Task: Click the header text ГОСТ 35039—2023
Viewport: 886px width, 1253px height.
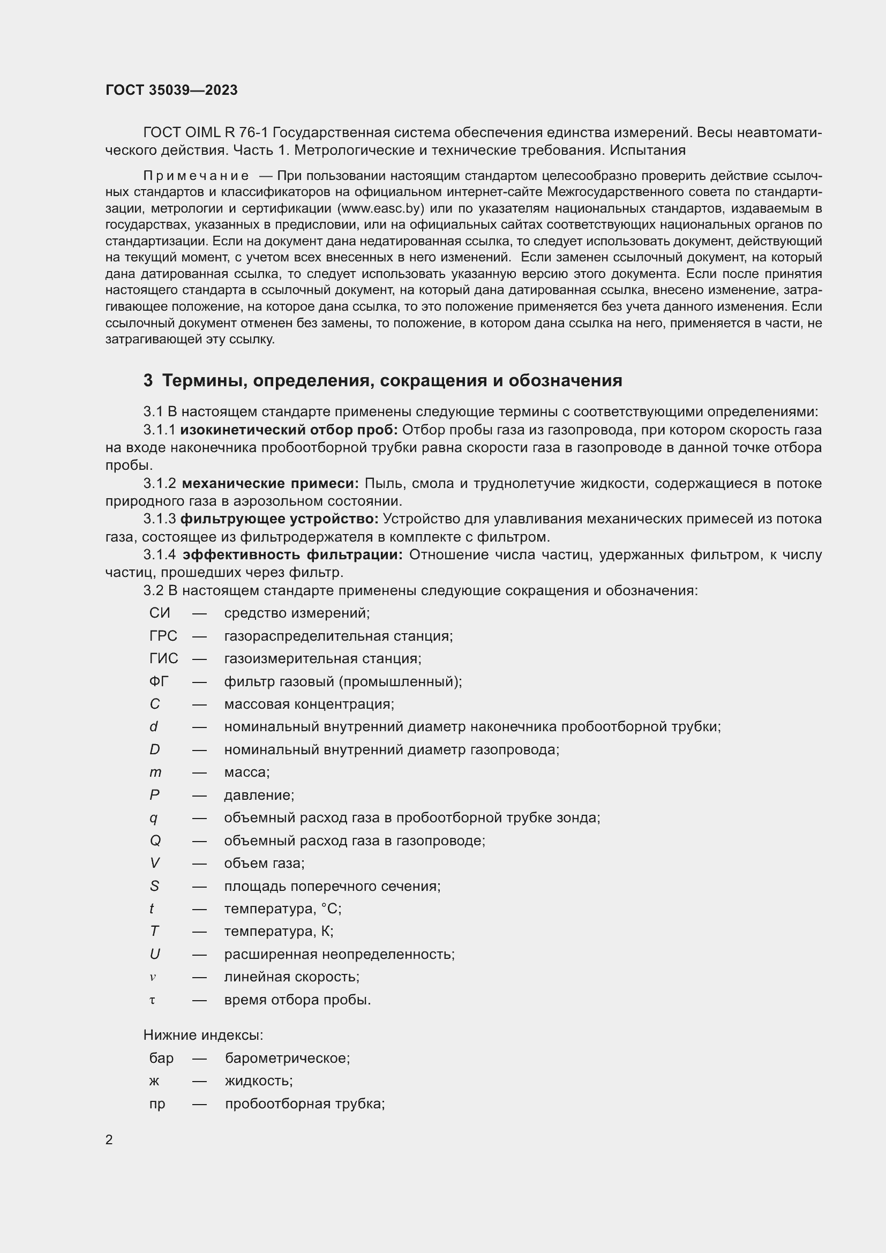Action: point(171,90)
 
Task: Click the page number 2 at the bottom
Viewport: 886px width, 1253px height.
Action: point(109,1139)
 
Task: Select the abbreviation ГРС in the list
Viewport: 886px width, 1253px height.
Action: point(163,636)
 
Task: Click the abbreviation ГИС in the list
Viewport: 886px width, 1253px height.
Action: point(164,659)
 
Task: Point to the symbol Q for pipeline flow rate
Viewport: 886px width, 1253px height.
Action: point(155,841)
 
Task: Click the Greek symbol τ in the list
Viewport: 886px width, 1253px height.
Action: point(153,1000)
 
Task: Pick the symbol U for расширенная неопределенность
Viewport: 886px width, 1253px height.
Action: point(155,954)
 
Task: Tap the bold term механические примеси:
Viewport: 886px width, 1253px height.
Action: point(270,484)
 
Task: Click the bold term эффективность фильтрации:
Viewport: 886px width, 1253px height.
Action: point(292,555)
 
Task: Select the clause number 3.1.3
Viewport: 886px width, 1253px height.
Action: point(159,519)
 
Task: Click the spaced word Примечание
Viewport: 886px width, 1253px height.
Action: point(196,176)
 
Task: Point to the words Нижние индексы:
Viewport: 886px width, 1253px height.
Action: point(203,1036)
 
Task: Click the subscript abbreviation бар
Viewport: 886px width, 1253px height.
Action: point(161,1058)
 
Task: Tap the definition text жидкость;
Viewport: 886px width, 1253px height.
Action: point(259,1081)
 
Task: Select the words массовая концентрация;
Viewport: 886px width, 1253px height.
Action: point(309,704)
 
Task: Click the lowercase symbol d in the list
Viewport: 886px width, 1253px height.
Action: point(154,727)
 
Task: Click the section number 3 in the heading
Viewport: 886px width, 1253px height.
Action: point(148,380)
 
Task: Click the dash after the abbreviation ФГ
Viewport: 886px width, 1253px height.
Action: point(199,681)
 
